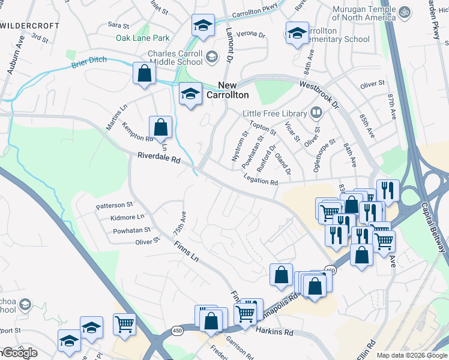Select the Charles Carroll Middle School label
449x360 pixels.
175,57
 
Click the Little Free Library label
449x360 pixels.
274,113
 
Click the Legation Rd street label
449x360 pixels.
261,179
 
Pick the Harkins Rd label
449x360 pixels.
274,332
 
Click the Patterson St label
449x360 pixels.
114,205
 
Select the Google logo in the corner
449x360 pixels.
19,353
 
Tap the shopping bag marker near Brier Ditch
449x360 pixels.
145,74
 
